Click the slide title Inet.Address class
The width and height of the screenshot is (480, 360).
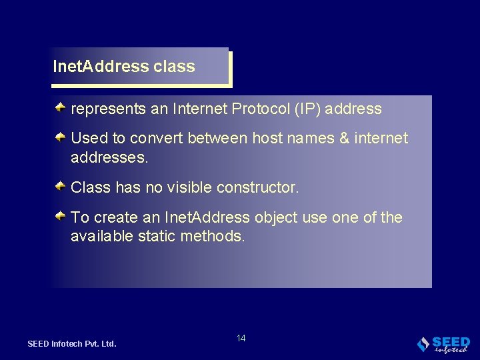[124, 67]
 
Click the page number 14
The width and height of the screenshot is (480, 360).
[241, 339]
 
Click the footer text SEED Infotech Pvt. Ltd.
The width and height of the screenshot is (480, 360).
[72, 344]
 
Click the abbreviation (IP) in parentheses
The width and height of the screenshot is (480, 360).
[305, 109]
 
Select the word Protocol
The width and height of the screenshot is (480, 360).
[259, 109]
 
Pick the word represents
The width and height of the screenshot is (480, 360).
[109, 109]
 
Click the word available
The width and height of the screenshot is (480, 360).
[102, 235]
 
